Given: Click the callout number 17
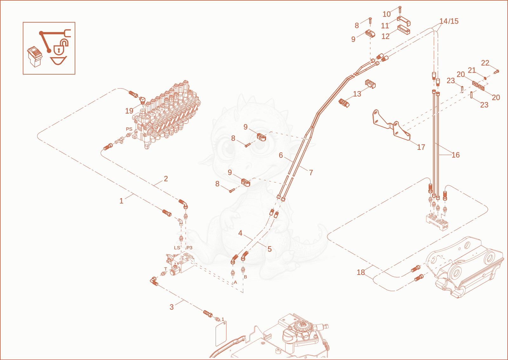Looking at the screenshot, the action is (x=421, y=147).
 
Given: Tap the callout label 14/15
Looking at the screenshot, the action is (x=449, y=21).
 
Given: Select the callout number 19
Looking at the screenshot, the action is (x=129, y=111).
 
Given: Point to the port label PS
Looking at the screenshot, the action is (x=129, y=129).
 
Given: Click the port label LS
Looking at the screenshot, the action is (x=177, y=248).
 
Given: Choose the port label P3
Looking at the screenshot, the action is (x=189, y=248).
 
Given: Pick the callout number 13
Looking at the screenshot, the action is (x=357, y=94).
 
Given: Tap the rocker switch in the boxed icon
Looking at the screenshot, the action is (x=35, y=57).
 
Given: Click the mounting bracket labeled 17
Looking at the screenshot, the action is (x=391, y=127).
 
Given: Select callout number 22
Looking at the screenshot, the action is (x=485, y=63).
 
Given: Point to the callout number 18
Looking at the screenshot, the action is (x=361, y=272).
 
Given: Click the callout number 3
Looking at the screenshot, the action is (x=172, y=307).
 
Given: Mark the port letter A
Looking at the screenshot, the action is (x=235, y=282).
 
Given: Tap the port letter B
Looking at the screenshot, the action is (x=245, y=277).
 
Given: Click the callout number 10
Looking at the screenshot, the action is (x=387, y=14).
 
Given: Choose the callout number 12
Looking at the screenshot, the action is (x=385, y=36).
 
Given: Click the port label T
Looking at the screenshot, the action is (x=165, y=269).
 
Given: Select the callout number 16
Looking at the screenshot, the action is (x=456, y=155).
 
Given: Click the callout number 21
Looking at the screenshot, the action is (x=472, y=70).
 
